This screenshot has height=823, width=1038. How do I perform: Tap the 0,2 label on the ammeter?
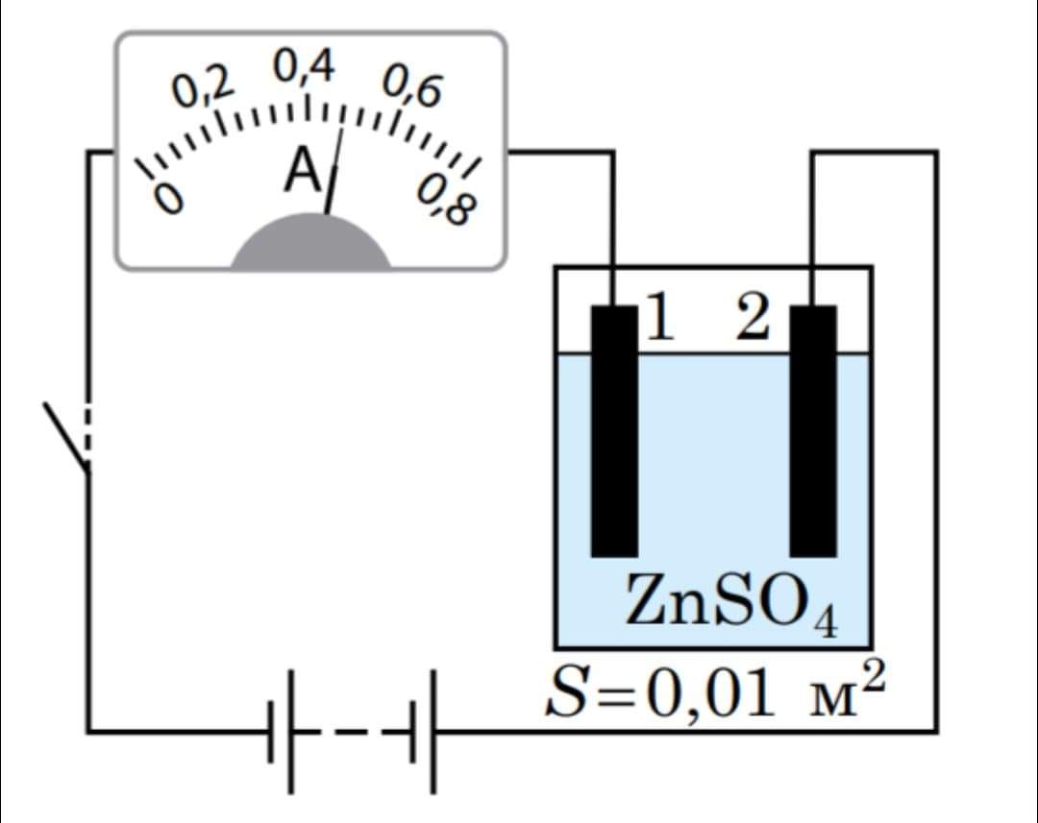[x=203, y=89]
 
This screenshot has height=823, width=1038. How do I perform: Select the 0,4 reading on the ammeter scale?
[x=304, y=67]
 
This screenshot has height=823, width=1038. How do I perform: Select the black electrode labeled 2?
[x=813, y=432]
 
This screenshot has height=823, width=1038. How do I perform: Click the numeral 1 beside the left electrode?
[x=657, y=319]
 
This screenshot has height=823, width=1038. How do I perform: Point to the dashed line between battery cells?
[x=356, y=732]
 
